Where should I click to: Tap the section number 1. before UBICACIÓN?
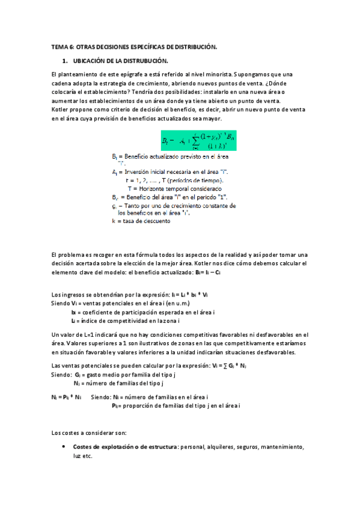coord(65,61)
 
